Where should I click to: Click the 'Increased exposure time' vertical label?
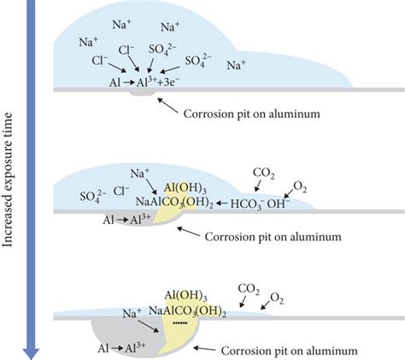(8, 180)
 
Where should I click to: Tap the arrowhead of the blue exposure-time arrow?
(31, 354)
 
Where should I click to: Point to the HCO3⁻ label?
(247, 204)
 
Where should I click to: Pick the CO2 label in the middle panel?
(264, 174)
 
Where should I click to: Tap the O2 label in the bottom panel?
(276, 298)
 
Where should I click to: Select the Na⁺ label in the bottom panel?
(132, 314)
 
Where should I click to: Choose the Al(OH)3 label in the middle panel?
(185, 188)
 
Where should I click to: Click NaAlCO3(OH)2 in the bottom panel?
(188, 311)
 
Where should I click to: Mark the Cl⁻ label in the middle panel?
(121, 191)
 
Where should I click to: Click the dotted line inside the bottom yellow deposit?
(180, 323)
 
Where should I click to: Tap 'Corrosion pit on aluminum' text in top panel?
(252, 114)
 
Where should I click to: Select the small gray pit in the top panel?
(142, 94)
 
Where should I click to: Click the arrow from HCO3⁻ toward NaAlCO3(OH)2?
(221, 204)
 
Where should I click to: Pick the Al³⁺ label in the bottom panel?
(135, 347)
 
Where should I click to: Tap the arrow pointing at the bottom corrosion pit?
(204, 349)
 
